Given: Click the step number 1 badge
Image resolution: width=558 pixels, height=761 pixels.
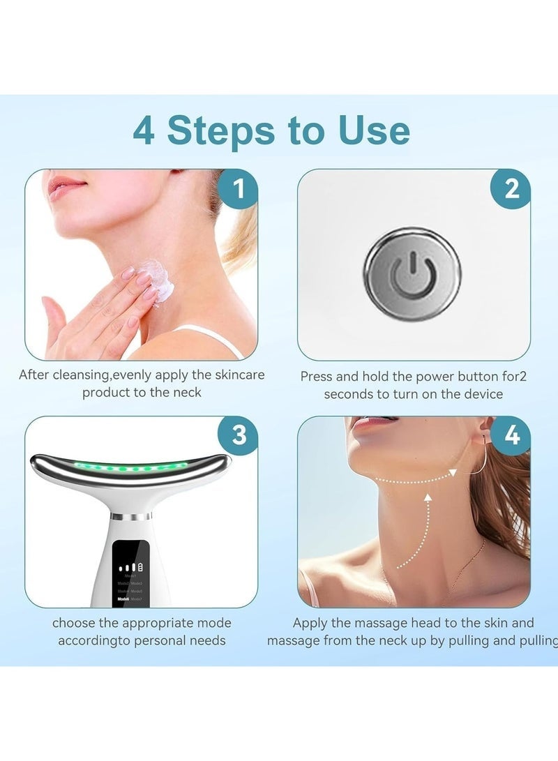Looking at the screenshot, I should click(239, 188).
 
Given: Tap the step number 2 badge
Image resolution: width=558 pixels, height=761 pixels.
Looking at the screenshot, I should click(511, 188).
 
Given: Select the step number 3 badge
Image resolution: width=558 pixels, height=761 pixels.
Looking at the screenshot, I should click(239, 435).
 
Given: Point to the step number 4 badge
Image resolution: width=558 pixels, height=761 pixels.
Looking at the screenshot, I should click(511, 435).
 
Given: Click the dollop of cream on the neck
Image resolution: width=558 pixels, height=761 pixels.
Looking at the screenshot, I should click(154, 280).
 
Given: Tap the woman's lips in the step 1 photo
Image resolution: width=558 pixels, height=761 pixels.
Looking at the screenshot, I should click(66, 186).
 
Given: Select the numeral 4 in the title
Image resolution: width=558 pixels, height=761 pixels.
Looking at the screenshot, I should click(143, 130).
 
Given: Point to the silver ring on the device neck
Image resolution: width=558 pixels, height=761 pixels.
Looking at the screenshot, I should click(130, 517).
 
